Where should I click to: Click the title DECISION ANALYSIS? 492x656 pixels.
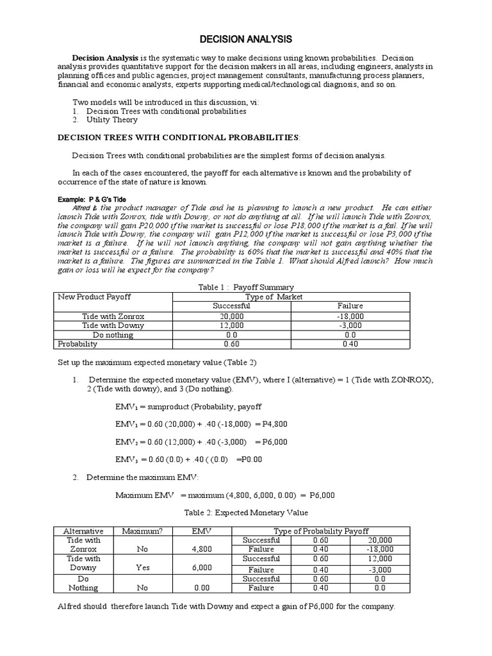click(x=247, y=40)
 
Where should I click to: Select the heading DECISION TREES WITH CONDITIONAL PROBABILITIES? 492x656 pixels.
click(x=178, y=137)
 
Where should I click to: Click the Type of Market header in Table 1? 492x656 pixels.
click(x=274, y=297)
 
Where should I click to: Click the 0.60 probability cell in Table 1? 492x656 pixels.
click(x=231, y=344)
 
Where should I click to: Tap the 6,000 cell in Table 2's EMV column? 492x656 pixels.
click(x=202, y=568)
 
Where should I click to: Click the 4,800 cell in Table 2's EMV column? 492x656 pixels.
click(x=202, y=549)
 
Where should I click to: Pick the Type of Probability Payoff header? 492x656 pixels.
click(x=321, y=531)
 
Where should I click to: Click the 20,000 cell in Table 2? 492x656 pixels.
click(x=380, y=540)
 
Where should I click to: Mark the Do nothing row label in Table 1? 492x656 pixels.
click(x=113, y=334)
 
